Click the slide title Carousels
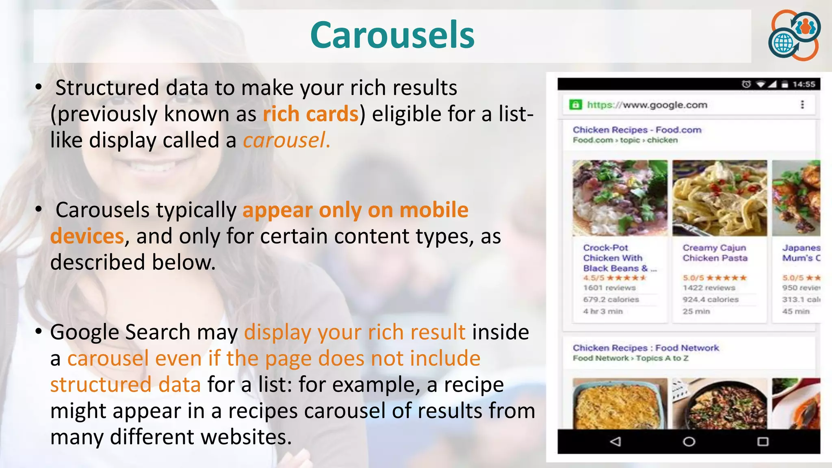(392, 35)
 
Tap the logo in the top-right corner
(794, 35)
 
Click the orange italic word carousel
(286, 140)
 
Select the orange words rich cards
(311, 114)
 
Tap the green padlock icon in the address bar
(575, 105)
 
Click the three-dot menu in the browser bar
(802, 105)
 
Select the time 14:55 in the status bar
(804, 84)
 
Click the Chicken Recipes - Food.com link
(637, 130)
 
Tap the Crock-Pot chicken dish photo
(620, 198)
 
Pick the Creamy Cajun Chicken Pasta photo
(719, 198)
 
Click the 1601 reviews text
(609, 288)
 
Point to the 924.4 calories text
(710, 299)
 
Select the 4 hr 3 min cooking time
(603, 311)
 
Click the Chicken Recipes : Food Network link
(646, 348)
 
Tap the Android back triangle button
(615, 442)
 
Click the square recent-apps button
(763, 442)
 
